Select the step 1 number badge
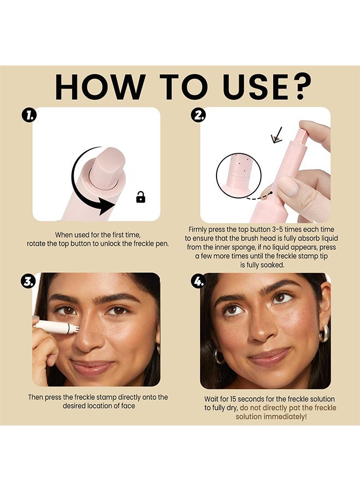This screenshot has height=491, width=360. click(29, 116)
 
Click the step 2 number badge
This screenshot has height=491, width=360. click(199, 115)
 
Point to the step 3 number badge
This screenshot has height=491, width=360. click(28, 280)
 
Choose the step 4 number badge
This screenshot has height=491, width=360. click(199, 281)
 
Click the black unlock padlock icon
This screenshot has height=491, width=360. click(141, 197)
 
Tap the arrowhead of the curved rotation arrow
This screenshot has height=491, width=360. click(107, 206)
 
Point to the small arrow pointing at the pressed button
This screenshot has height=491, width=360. click(277, 136)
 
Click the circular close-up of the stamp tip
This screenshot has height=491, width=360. click(238, 175)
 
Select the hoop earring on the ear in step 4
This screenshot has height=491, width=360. click(325, 333)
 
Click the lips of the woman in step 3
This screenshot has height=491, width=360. click(93, 367)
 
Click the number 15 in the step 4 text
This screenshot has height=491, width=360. click(233, 399)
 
